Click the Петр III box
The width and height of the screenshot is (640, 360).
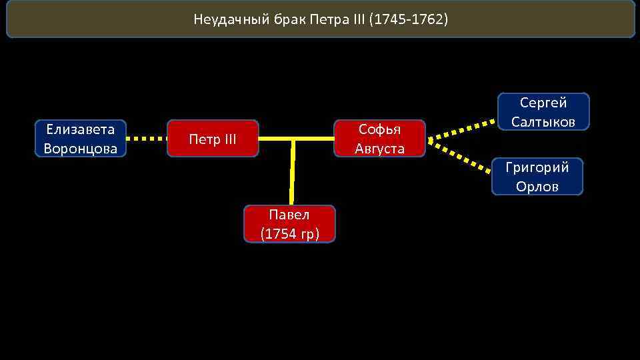tap(213, 139)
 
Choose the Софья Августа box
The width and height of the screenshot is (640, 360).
tap(379, 139)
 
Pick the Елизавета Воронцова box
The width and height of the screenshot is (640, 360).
tap(80, 139)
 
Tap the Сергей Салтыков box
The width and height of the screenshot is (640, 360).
tap(543, 112)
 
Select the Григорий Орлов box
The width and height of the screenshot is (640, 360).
tap(537, 177)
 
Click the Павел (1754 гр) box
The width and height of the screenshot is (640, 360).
tap(289, 224)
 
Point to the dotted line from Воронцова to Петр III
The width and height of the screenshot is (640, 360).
tap(147, 139)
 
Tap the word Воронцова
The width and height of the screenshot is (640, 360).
tap(80, 149)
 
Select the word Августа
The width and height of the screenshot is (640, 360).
tap(379, 149)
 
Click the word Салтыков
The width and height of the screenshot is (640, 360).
tap(543, 121)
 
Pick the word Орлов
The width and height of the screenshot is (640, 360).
tap(537, 187)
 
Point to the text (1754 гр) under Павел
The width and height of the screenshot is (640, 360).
tap(289, 234)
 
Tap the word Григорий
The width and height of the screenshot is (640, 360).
tap(537, 167)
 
